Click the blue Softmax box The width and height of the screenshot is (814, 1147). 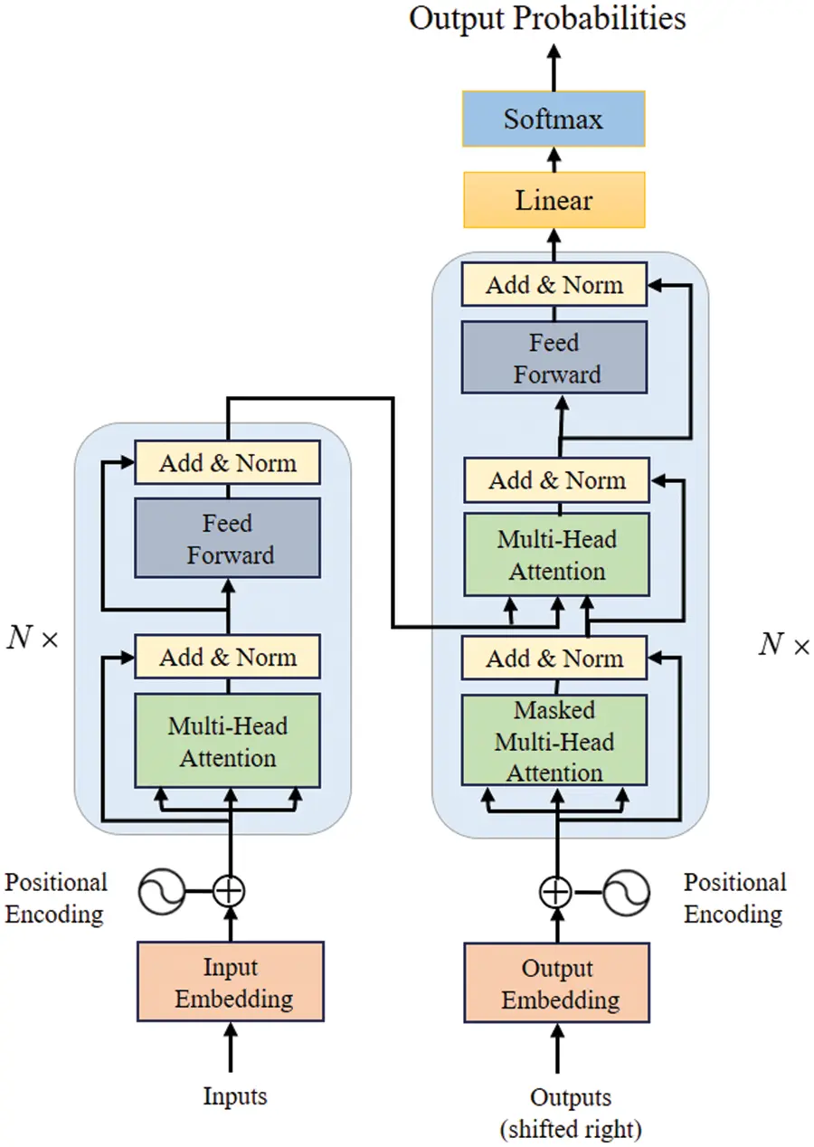click(x=554, y=118)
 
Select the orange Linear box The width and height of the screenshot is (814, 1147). click(x=554, y=200)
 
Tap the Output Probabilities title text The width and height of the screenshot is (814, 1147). click(x=547, y=18)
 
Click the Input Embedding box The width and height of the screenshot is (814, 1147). click(x=230, y=981)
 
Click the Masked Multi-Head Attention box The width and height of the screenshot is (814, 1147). click(x=554, y=741)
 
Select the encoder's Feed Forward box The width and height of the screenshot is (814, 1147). click(x=227, y=538)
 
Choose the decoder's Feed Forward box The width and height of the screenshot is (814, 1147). click(x=554, y=358)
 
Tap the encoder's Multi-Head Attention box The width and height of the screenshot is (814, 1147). click(x=227, y=741)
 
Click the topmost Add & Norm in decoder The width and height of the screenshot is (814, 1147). click(x=554, y=285)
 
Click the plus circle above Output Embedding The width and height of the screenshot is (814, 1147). click(x=555, y=892)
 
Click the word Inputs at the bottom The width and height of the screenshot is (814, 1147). click(x=235, y=1096)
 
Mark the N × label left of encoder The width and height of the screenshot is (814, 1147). click(x=32, y=640)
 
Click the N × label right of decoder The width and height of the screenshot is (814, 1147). click(x=783, y=644)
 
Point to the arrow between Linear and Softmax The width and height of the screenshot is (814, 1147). click(x=554, y=159)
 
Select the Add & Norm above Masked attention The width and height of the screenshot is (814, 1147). click(x=554, y=659)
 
